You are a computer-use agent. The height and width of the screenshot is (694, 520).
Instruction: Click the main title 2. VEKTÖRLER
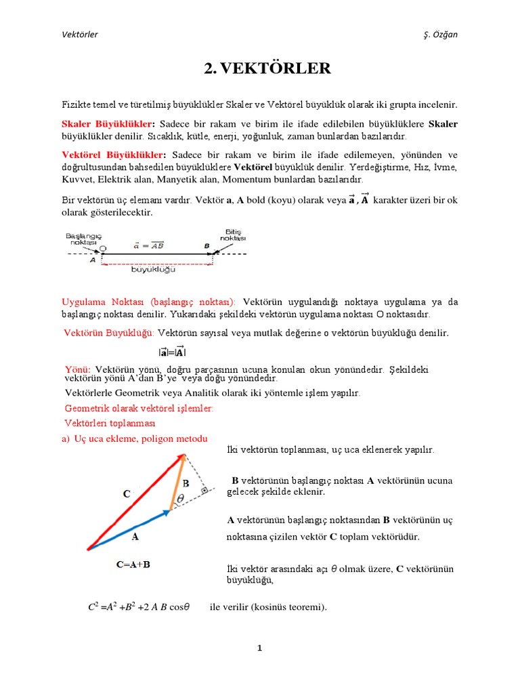(x=267, y=68)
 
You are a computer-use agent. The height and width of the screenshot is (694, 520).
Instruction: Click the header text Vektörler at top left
(x=79, y=35)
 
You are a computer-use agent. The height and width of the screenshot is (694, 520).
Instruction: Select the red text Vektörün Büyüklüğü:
(x=109, y=333)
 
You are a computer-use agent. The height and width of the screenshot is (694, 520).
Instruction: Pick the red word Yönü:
(x=78, y=369)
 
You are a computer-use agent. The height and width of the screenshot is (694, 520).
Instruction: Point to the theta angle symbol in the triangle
(x=180, y=499)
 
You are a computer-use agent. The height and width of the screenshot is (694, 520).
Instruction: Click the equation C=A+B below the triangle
(x=133, y=564)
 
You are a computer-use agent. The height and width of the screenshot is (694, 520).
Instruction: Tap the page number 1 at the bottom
(x=259, y=649)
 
